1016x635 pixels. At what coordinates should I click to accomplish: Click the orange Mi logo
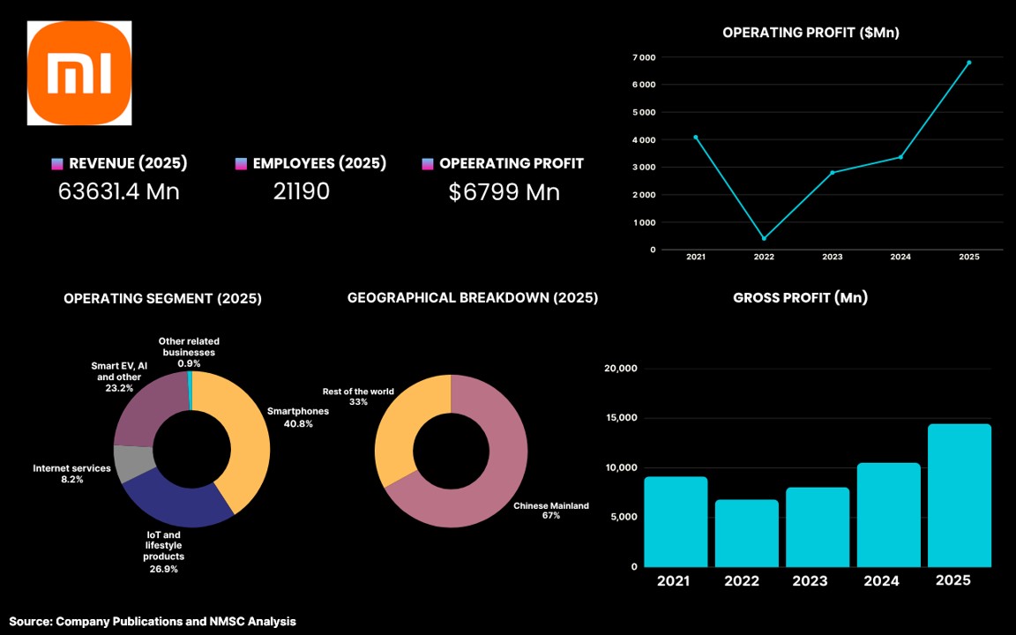(x=79, y=72)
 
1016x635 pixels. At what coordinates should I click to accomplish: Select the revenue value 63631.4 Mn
(x=118, y=191)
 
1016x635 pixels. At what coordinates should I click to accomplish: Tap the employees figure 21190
(x=302, y=191)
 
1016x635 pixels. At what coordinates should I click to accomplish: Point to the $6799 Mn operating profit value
(x=504, y=191)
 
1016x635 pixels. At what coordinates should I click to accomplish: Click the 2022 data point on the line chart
(x=764, y=238)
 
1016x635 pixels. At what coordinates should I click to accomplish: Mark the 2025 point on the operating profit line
(x=969, y=63)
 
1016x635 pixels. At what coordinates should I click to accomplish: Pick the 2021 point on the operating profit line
(x=696, y=138)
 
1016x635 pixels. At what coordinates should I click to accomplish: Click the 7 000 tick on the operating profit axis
(x=644, y=57)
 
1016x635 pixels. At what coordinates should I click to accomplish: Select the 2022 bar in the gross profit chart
(x=747, y=534)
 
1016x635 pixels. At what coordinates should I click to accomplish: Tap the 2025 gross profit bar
(x=960, y=496)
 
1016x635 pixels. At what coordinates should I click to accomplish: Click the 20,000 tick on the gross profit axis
(x=621, y=369)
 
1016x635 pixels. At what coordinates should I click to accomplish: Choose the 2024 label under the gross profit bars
(x=882, y=580)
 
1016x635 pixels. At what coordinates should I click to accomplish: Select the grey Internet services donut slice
(x=133, y=463)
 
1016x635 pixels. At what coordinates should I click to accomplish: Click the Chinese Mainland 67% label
(x=551, y=511)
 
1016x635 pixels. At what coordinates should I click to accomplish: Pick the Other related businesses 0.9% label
(x=190, y=353)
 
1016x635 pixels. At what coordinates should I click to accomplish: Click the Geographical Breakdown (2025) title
(x=473, y=298)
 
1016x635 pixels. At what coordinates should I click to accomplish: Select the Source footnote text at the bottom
(x=153, y=622)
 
